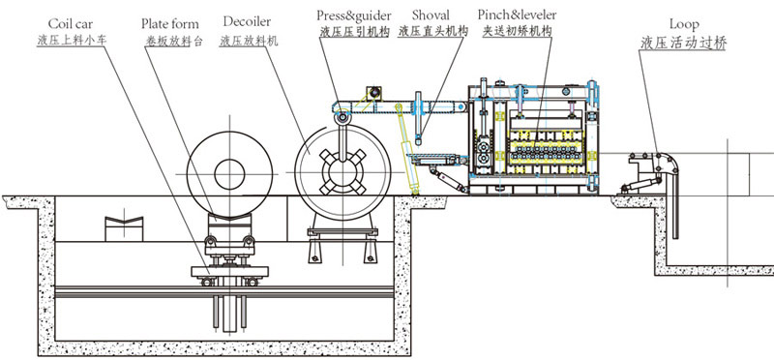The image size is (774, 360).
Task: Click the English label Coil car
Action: click(x=70, y=24)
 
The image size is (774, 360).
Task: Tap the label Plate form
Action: click(x=170, y=23)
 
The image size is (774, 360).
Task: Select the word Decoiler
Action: click(x=247, y=22)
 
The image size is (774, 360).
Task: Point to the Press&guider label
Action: click(x=354, y=15)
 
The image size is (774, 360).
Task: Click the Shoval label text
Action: click(x=431, y=15)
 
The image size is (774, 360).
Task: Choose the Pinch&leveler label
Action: click(x=517, y=15)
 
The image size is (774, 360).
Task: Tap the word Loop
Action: click(x=684, y=24)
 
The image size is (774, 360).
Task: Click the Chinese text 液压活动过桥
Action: click(x=684, y=43)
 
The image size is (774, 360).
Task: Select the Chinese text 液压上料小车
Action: click(x=72, y=40)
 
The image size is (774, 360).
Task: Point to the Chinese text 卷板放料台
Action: click(x=174, y=41)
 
